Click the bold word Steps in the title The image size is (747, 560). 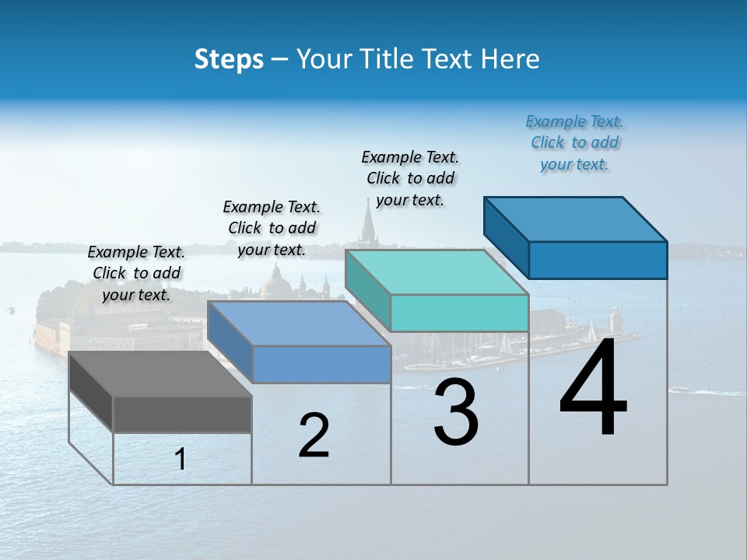click(229, 59)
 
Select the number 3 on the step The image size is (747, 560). click(456, 412)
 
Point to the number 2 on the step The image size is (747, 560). click(314, 436)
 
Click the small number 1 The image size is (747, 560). click(181, 460)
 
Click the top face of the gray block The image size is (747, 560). click(160, 374)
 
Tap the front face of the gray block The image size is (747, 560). click(182, 414)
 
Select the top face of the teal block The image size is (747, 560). click(436, 272)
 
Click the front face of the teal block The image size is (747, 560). click(459, 313)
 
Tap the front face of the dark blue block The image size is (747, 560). click(598, 260)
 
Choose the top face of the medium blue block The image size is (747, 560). click(298, 324)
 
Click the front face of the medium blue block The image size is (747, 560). click(321, 364)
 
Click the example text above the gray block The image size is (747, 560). click(136, 273)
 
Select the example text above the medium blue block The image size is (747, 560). click(272, 228)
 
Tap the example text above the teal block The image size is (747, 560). click(410, 178)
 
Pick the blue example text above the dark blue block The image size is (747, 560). click(574, 142)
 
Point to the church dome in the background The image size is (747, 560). click(275, 282)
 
